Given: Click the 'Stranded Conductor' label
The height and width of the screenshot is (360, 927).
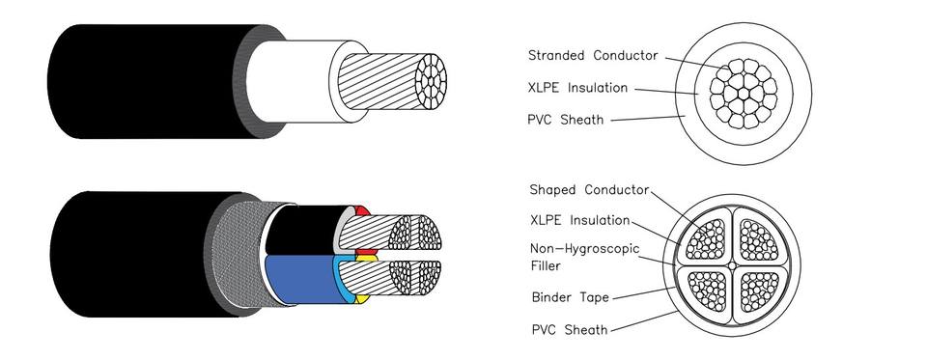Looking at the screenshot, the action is (592, 56).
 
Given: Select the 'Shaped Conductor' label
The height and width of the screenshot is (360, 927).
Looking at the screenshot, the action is (589, 190).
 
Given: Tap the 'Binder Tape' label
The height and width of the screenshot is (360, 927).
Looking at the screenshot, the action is (570, 297).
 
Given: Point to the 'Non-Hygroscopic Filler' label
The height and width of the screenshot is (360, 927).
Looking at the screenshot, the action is (585, 257).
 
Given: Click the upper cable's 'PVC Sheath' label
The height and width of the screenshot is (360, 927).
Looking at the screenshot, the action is (565, 120).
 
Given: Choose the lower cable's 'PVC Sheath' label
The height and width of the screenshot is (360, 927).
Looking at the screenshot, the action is (570, 329).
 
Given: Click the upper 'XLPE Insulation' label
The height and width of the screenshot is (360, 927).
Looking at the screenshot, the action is (577, 88).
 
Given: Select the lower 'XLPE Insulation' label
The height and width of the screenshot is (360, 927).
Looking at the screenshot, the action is (579, 220).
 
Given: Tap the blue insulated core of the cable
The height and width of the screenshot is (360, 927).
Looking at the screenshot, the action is (301, 279).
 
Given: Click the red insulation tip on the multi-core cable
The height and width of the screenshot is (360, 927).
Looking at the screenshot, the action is (362, 211).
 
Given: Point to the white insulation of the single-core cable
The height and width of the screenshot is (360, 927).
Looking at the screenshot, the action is (290, 81).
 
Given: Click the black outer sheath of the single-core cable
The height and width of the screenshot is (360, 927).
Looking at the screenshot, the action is (148, 81).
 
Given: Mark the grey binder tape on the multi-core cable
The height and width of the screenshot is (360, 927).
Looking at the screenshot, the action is (237, 254).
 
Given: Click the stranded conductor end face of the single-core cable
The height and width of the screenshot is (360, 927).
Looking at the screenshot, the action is (431, 81).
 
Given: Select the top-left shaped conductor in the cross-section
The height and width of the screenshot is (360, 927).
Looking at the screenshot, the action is (706, 238).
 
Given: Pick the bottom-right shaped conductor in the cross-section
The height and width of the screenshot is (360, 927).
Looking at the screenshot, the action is (760, 291).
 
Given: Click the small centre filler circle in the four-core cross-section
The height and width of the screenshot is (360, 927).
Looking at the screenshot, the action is (733, 265).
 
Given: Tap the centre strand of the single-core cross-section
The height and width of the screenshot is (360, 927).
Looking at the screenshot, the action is (744, 94).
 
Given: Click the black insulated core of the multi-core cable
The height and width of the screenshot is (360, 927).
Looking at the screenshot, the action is (302, 231).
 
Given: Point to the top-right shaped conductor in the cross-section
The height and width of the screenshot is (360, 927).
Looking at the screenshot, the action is (760, 238).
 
